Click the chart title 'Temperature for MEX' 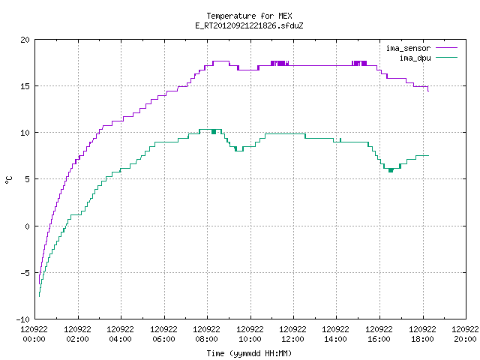point(249,16)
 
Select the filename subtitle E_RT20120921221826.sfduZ point(249,25)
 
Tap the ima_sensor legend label point(408,48)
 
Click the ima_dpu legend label point(415,58)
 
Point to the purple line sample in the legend point(447,48)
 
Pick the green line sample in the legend point(447,57)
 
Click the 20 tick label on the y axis point(25,40)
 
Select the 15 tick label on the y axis point(25,86)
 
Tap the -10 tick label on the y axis point(23,319)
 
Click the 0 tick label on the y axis point(27,226)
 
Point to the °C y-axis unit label point(8,180)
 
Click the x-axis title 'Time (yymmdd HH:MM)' point(249,353)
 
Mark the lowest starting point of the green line point(39,296)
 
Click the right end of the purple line point(428,91)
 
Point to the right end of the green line point(428,156)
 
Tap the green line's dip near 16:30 point(391,170)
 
